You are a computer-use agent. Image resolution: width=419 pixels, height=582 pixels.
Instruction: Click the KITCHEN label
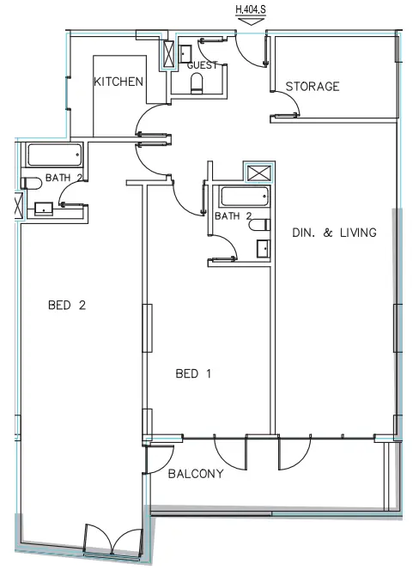pyautogui.click(x=118, y=81)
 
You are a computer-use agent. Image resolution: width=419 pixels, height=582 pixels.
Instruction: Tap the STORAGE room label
pyautogui.click(x=313, y=86)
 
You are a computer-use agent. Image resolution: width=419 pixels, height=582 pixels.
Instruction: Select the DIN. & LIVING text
pyautogui.click(x=334, y=232)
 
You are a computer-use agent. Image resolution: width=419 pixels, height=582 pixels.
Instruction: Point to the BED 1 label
pyautogui.click(x=193, y=373)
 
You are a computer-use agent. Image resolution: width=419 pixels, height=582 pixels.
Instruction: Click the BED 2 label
pyautogui.click(x=67, y=305)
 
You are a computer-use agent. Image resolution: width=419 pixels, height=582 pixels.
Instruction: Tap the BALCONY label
pyautogui.click(x=196, y=474)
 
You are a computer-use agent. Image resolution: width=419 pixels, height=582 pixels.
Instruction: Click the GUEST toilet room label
pyautogui.click(x=203, y=65)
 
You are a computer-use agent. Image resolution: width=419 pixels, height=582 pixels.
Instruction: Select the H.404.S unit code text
pyautogui.click(x=252, y=11)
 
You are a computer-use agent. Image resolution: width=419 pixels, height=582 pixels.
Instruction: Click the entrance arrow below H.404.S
pyautogui.click(x=251, y=24)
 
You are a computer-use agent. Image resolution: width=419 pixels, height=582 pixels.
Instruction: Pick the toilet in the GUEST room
pyautogui.click(x=197, y=83)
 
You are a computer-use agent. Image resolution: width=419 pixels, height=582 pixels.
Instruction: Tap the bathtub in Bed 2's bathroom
pyautogui.click(x=55, y=156)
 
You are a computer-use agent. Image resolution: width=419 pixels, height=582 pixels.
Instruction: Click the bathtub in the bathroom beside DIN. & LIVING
pyautogui.click(x=246, y=197)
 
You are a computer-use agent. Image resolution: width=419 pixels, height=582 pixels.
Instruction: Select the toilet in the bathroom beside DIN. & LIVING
pyautogui.click(x=260, y=224)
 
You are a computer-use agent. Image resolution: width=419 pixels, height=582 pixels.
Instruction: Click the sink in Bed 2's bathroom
pyautogui.click(x=43, y=208)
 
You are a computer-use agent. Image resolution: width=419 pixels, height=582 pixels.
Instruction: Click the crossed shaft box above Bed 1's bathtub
pyautogui.click(x=257, y=172)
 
